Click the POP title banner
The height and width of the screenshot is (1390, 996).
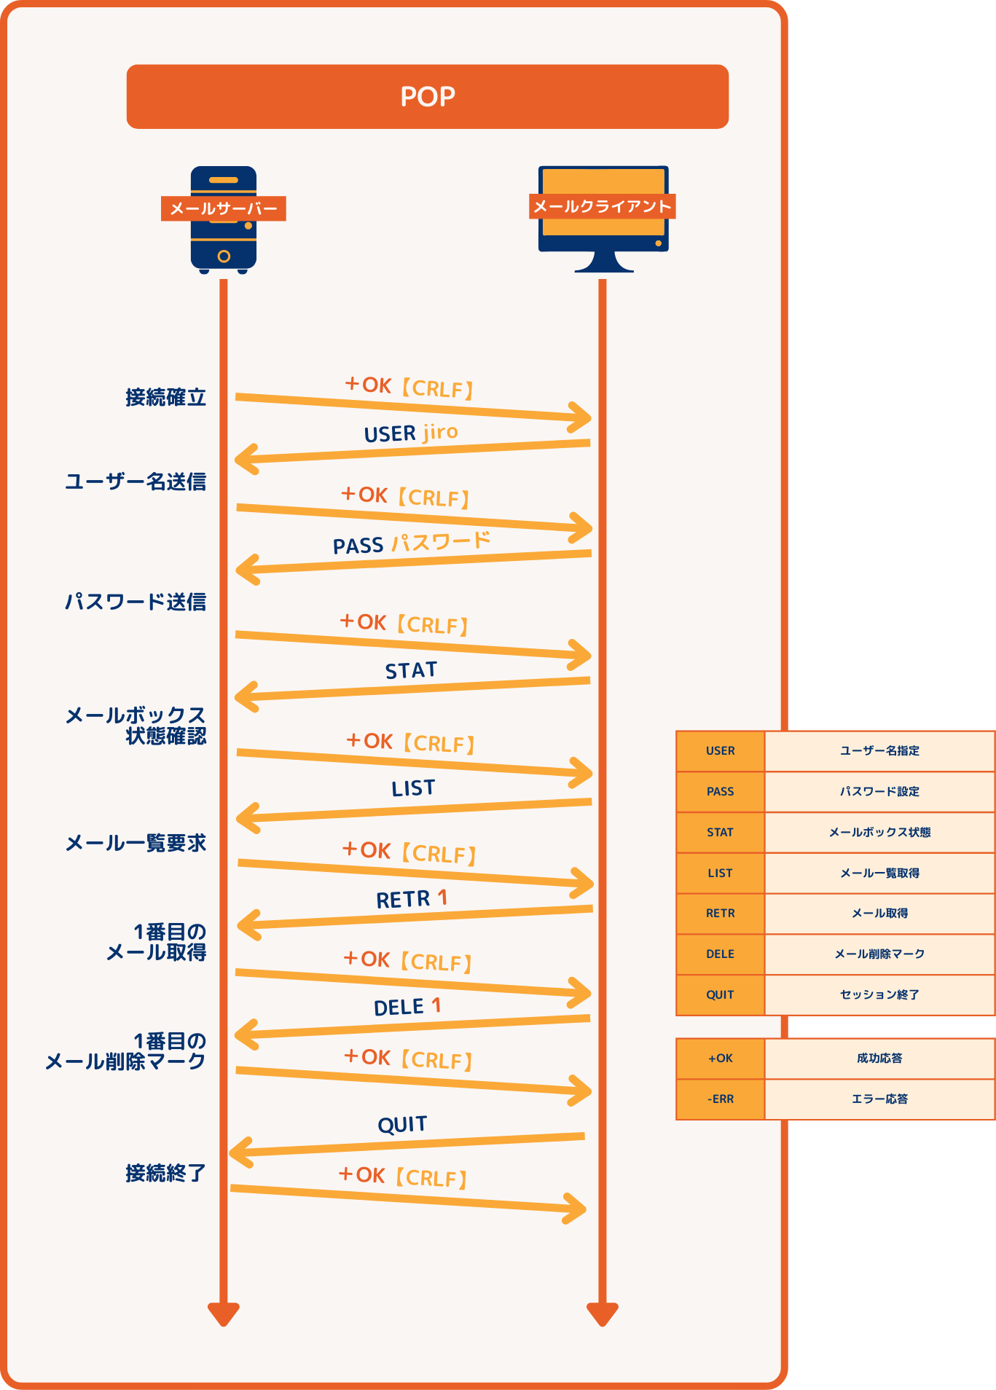point(428,97)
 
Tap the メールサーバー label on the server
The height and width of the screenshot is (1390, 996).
point(224,209)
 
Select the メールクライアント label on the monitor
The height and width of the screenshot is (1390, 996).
point(602,207)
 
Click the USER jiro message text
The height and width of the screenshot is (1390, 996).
point(411,433)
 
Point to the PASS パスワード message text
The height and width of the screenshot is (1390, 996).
point(412,543)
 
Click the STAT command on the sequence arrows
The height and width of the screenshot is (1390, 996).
point(411,670)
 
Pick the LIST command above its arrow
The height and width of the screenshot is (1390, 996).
point(413,788)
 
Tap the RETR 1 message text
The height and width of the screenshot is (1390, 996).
point(412,899)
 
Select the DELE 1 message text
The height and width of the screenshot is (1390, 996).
point(407,1007)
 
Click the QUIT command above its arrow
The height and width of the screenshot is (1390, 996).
point(402,1125)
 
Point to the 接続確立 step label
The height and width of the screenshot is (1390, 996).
point(165,398)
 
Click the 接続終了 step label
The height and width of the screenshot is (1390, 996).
point(165,1174)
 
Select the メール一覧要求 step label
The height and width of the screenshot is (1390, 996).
point(136,844)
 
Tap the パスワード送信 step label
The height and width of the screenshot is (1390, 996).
point(136,602)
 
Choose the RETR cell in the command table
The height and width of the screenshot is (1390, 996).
point(720,914)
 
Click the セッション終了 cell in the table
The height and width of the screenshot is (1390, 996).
point(879,995)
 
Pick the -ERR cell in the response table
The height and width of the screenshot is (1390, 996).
point(720,1099)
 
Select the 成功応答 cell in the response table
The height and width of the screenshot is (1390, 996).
point(879,1059)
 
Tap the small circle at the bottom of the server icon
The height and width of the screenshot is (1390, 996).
point(224,256)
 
